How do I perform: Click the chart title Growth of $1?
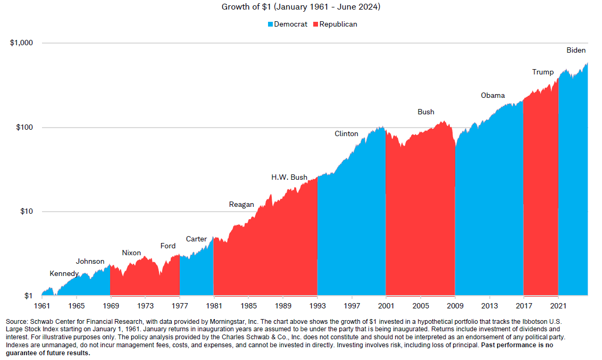[301, 7]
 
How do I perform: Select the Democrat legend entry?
[287, 24]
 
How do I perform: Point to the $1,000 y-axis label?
[21, 43]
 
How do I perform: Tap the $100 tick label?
[24, 128]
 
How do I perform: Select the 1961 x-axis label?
[41, 306]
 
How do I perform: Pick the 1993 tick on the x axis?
[317, 306]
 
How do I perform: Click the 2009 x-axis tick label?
[455, 306]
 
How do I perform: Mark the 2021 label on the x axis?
[558, 306]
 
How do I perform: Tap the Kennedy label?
[64, 273]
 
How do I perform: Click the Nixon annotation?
[131, 253]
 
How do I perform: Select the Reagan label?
[241, 204]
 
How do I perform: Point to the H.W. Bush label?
[289, 177]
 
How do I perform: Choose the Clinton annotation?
[346, 133]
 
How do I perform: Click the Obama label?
[492, 95]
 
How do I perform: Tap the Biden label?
[576, 50]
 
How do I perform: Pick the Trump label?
[543, 72]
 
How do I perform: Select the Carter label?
[196, 239]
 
